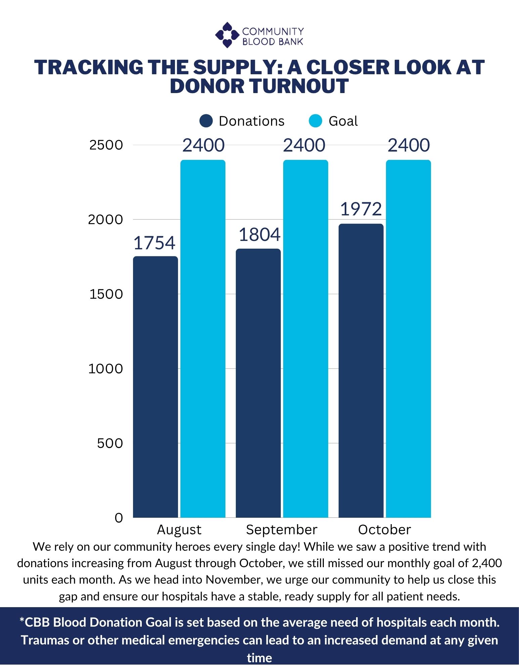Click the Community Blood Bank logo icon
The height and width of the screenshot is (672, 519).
pos(227,35)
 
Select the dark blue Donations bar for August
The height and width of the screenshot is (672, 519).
pos(156,386)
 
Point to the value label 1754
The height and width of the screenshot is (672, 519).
pos(155,243)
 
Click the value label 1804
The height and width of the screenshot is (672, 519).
pos(259,235)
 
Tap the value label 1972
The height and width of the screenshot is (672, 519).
pos(361,209)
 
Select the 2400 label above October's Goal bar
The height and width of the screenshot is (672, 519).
pos(408,145)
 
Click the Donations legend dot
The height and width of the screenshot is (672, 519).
pos(206,121)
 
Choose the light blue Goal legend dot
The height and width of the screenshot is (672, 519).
pos(315,121)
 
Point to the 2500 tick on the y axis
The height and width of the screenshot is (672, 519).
pos(106,145)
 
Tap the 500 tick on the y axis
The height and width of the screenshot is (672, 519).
pos(110,443)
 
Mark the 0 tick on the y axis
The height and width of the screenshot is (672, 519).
pos(119,518)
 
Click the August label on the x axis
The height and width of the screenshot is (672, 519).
pos(179,530)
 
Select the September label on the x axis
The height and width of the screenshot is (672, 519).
pos(282,530)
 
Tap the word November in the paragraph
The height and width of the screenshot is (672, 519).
pos(228,580)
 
